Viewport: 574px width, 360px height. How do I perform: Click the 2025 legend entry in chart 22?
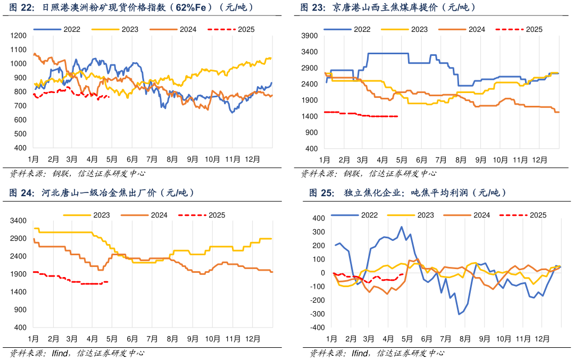(x=246, y=29)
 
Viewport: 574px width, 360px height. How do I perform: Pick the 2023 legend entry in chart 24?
(x=101, y=215)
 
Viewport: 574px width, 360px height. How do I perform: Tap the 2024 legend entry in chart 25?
(x=481, y=215)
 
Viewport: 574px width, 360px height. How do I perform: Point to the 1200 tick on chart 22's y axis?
(x=19, y=36)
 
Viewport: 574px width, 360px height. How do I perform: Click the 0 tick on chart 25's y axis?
(x=322, y=273)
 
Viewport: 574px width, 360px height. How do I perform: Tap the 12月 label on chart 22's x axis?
(x=253, y=160)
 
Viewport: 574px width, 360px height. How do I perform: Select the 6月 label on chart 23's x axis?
(x=422, y=160)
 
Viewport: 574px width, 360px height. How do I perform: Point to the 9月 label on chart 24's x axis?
(x=192, y=338)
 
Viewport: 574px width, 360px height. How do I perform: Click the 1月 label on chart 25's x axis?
(x=331, y=338)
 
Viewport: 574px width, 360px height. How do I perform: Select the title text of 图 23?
(x=388, y=7)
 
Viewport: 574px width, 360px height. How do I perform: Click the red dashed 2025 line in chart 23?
(x=362, y=114)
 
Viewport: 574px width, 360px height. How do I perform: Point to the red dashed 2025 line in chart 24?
(x=69, y=279)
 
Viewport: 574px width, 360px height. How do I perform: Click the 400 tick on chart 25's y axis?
(x=319, y=218)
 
